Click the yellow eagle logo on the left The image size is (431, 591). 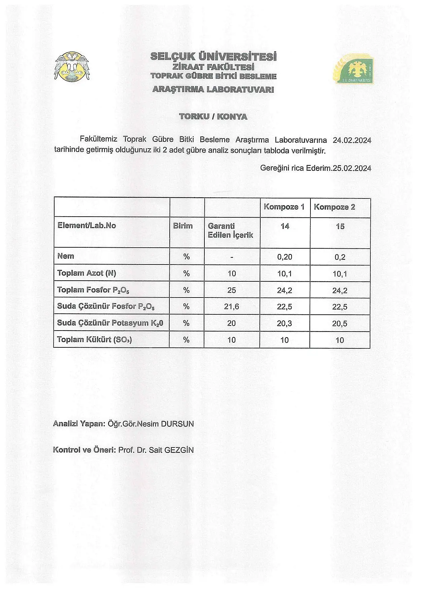click(72, 66)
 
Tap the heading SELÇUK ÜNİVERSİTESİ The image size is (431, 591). click(213, 56)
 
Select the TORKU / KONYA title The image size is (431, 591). click(213, 117)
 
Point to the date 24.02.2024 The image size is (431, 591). click(352, 140)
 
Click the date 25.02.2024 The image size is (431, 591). click(352, 168)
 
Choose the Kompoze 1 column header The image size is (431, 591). click(284, 207)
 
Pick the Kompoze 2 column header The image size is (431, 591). click(334, 207)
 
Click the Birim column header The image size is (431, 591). click(183, 226)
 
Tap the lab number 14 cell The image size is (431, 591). click(285, 226)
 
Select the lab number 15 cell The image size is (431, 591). click(340, 226)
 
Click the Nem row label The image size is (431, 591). click(66, 256)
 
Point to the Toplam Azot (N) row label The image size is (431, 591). click(87, 273)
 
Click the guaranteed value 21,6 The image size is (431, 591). click(232, 307)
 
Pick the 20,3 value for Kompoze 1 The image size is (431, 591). click(285, 323)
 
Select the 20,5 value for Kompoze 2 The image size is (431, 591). click(340, 323)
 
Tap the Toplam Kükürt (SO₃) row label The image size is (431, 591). click(94, 340)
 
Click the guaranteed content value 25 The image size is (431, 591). click(232, 290)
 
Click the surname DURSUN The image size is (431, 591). click(177, 424)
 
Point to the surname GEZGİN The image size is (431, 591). click(179, 450)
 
